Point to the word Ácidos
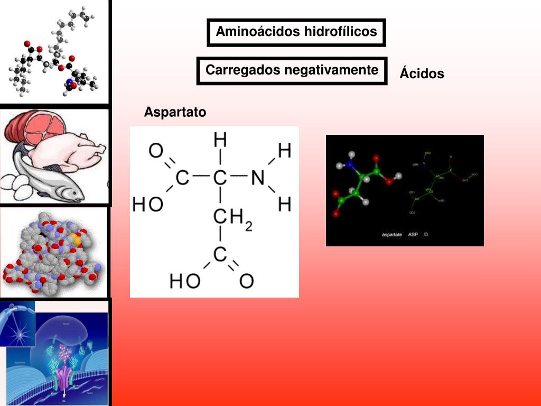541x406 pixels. pyautogui.click(x=422, y=73)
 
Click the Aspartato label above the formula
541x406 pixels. pyautogui.click(x=175, y=112)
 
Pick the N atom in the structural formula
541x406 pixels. pyautogui.click(x=258, y=178)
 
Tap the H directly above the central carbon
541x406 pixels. pyautogui.click(x=220, y=140)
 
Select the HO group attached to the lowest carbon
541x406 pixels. pyautogui.click(x=184, y=281)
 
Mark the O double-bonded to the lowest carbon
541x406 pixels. pyautogui.click(x=246, y=281)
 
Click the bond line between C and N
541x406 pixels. pyautogui.click(x=239, y=178)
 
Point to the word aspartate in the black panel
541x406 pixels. pyautogui.click(x=391, y=234)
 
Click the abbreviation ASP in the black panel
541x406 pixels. pyautogui.click(x=413, y=234)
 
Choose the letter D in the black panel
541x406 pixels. pyautogui.click(x=426, y=234)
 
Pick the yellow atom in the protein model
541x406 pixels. pyautogui.click(x=77, y=239)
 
